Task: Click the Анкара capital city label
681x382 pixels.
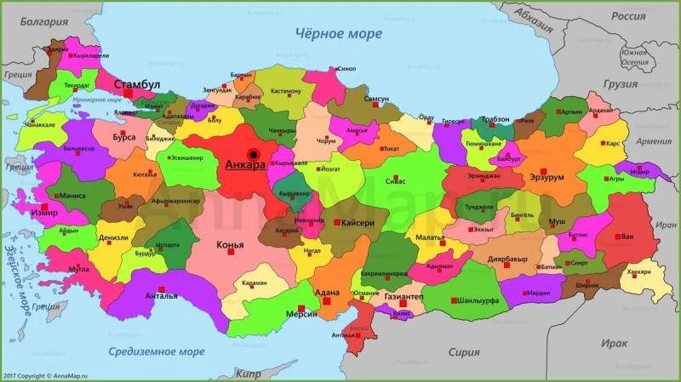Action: click(246, 167)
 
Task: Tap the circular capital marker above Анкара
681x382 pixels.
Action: click(253, 154)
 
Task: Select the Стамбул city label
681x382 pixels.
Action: click(136, 84)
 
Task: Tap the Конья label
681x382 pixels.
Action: click(230, 246)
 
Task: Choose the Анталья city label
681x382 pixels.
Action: click(162, 295)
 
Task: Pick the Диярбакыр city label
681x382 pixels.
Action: click(513, 259)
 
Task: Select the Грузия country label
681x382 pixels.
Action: click(620, 85)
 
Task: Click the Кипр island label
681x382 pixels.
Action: click(248, 373)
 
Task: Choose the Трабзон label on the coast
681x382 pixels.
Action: click(494, 119)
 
